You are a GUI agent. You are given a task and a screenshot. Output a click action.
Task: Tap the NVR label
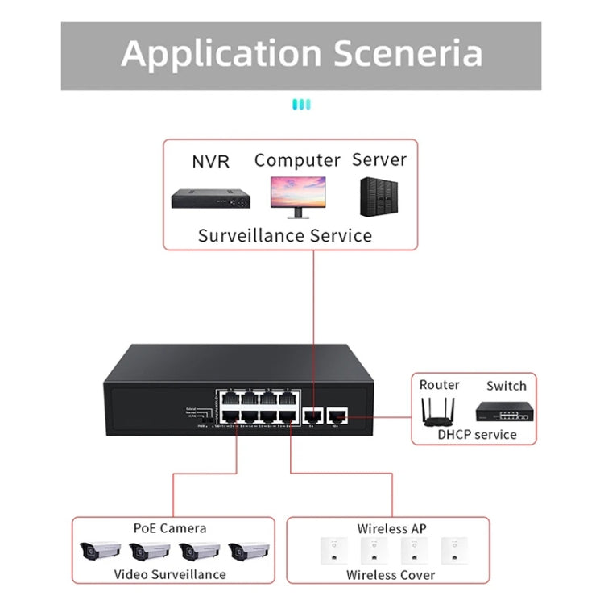click(210, 161)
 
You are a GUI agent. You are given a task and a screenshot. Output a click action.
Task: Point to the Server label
click(379, 159)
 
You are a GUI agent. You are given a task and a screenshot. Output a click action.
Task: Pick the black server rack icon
click(379, 197)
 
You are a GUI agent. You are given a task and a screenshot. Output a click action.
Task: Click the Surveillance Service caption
click(285, 235)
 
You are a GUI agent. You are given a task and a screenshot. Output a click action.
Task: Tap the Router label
click(439, 385)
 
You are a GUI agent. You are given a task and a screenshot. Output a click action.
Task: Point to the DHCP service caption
click(476, 434)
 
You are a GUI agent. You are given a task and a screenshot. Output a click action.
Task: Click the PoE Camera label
click(169, 528)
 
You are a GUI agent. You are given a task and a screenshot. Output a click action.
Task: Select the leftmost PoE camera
click(100, 552)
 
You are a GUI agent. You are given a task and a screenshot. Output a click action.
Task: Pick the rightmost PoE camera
click(249, 552)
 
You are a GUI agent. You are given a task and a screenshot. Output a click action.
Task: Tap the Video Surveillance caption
click(169, 574)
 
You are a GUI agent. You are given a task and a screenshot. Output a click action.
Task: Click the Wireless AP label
click(391, 529)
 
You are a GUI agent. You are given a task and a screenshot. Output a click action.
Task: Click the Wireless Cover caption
click(391, 575)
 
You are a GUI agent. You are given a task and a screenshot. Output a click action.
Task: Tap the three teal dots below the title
click(301, 104)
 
